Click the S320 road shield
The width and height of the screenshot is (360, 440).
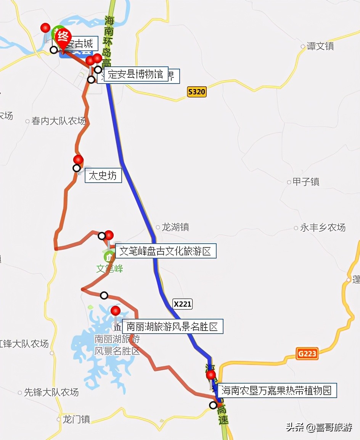197,92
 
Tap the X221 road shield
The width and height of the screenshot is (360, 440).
183,304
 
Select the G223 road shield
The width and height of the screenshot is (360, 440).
307,353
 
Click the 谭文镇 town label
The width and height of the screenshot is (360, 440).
320,47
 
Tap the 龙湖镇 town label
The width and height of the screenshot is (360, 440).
175,227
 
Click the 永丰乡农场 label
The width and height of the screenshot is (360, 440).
323,228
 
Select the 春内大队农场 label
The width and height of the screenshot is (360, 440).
58,121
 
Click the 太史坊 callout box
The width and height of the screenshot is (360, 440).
103,176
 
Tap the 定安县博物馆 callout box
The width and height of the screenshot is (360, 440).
135,74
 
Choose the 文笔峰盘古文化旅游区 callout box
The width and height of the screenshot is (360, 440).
165,251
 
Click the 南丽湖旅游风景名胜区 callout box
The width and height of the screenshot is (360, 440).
172,327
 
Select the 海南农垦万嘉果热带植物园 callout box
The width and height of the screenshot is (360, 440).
276,390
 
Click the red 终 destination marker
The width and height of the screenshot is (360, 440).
63,37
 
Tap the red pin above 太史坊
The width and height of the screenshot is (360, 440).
78,160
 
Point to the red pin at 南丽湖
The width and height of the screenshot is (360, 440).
116,311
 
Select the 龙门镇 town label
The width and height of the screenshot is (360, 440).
76,419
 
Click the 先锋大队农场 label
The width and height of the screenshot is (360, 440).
51,392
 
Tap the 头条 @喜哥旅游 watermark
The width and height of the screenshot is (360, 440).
319,427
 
